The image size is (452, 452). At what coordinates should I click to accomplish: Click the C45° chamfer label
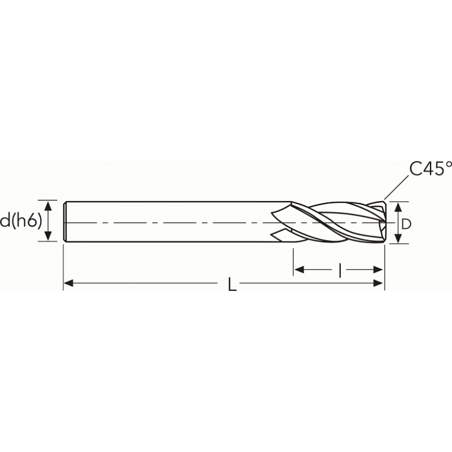point(431,169)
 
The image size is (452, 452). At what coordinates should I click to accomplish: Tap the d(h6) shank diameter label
point(21,221)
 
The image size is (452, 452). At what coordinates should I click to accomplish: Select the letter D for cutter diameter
point(406,224)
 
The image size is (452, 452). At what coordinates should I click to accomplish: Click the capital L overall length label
point(232,284)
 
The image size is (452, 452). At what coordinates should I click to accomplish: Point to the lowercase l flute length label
point(340,270)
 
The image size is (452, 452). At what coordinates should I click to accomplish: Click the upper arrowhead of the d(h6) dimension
point(49,207)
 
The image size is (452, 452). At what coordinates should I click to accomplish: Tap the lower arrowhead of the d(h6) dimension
point(49,236)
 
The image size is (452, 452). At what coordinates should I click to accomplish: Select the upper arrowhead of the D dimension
point(398,207)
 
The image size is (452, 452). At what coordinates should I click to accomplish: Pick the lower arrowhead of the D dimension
point(398,238)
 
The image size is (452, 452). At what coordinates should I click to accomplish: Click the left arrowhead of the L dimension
point(68,284)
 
